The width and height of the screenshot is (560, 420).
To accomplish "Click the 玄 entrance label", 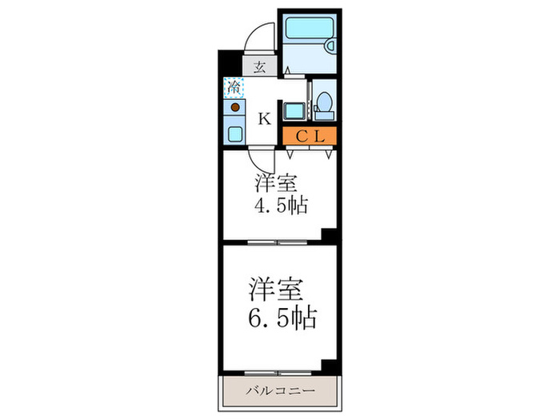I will [260, 68].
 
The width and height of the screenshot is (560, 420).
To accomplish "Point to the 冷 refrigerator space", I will [234, 85].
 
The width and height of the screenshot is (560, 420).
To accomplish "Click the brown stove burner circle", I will [235, 108].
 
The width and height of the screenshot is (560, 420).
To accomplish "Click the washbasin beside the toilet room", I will [291, 111].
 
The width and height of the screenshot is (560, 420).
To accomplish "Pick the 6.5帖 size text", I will [281, 318].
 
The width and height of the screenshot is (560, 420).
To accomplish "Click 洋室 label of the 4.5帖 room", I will [272, 181].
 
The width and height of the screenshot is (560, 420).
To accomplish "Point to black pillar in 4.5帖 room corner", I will [327, 234].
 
